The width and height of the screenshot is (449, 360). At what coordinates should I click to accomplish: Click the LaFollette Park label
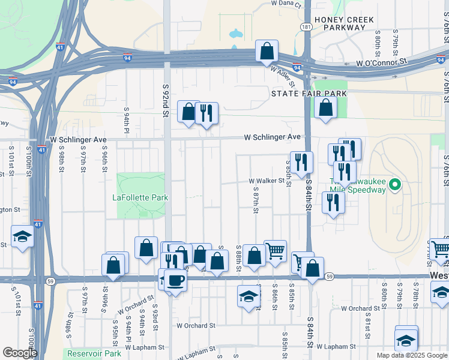(x=140, y=197)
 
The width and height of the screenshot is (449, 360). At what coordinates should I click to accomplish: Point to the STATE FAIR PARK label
(x=309, y=94)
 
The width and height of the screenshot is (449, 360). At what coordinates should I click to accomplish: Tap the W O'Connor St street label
(x=382, y=62)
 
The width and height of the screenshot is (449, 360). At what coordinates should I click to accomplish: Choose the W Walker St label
(x=266, y=181)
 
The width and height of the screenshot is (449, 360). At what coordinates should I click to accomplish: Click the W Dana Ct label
(x=285, y=3)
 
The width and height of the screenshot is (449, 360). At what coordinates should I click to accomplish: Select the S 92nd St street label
(x=166, y=100)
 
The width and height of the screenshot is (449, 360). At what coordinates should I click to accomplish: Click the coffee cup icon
(x=175, y=280)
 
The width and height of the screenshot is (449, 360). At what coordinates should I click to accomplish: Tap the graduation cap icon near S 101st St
(x=22, y=236)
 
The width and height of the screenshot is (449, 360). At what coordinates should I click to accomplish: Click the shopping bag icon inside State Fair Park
(x=325, y=108)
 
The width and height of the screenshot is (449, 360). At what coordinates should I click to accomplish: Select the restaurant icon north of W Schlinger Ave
(x=206, y=113)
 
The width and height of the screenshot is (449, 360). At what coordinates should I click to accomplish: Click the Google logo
(x=20, y=353)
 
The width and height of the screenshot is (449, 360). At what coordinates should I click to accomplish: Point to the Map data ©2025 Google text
(x=412, y=355)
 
